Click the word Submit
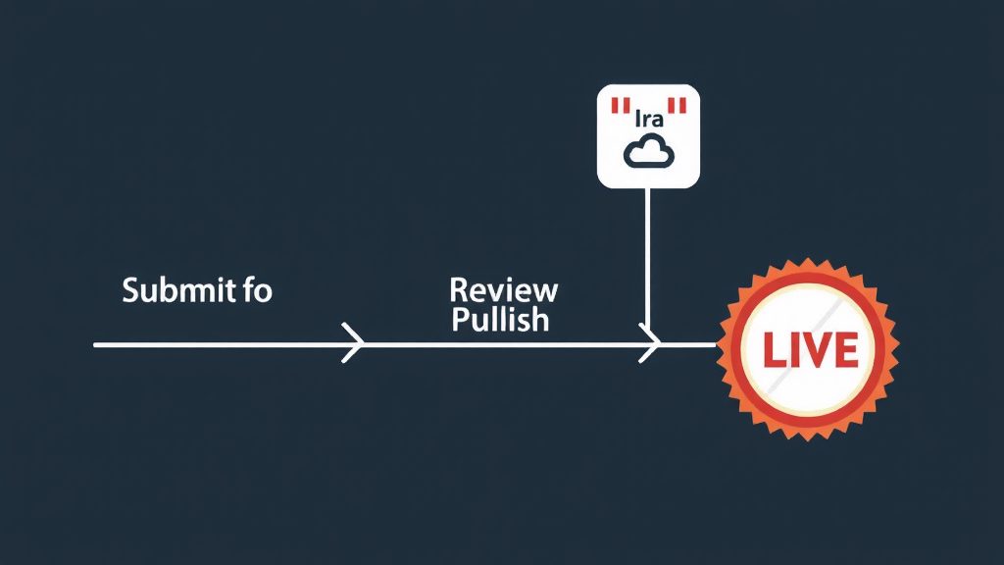click(178, 290)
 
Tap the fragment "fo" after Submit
click(258, 290)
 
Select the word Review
click(503, 290)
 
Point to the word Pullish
click(501, 319)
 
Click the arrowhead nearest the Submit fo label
click(353, 343)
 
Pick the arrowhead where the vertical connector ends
click(649, 343)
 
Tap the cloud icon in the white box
click(649, 152)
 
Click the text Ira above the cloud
click(649, 118)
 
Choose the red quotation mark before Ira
click(621, 105)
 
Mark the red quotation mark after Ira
click(677, 105)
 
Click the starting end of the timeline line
click(95, 344)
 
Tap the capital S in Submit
click(130, 290)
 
